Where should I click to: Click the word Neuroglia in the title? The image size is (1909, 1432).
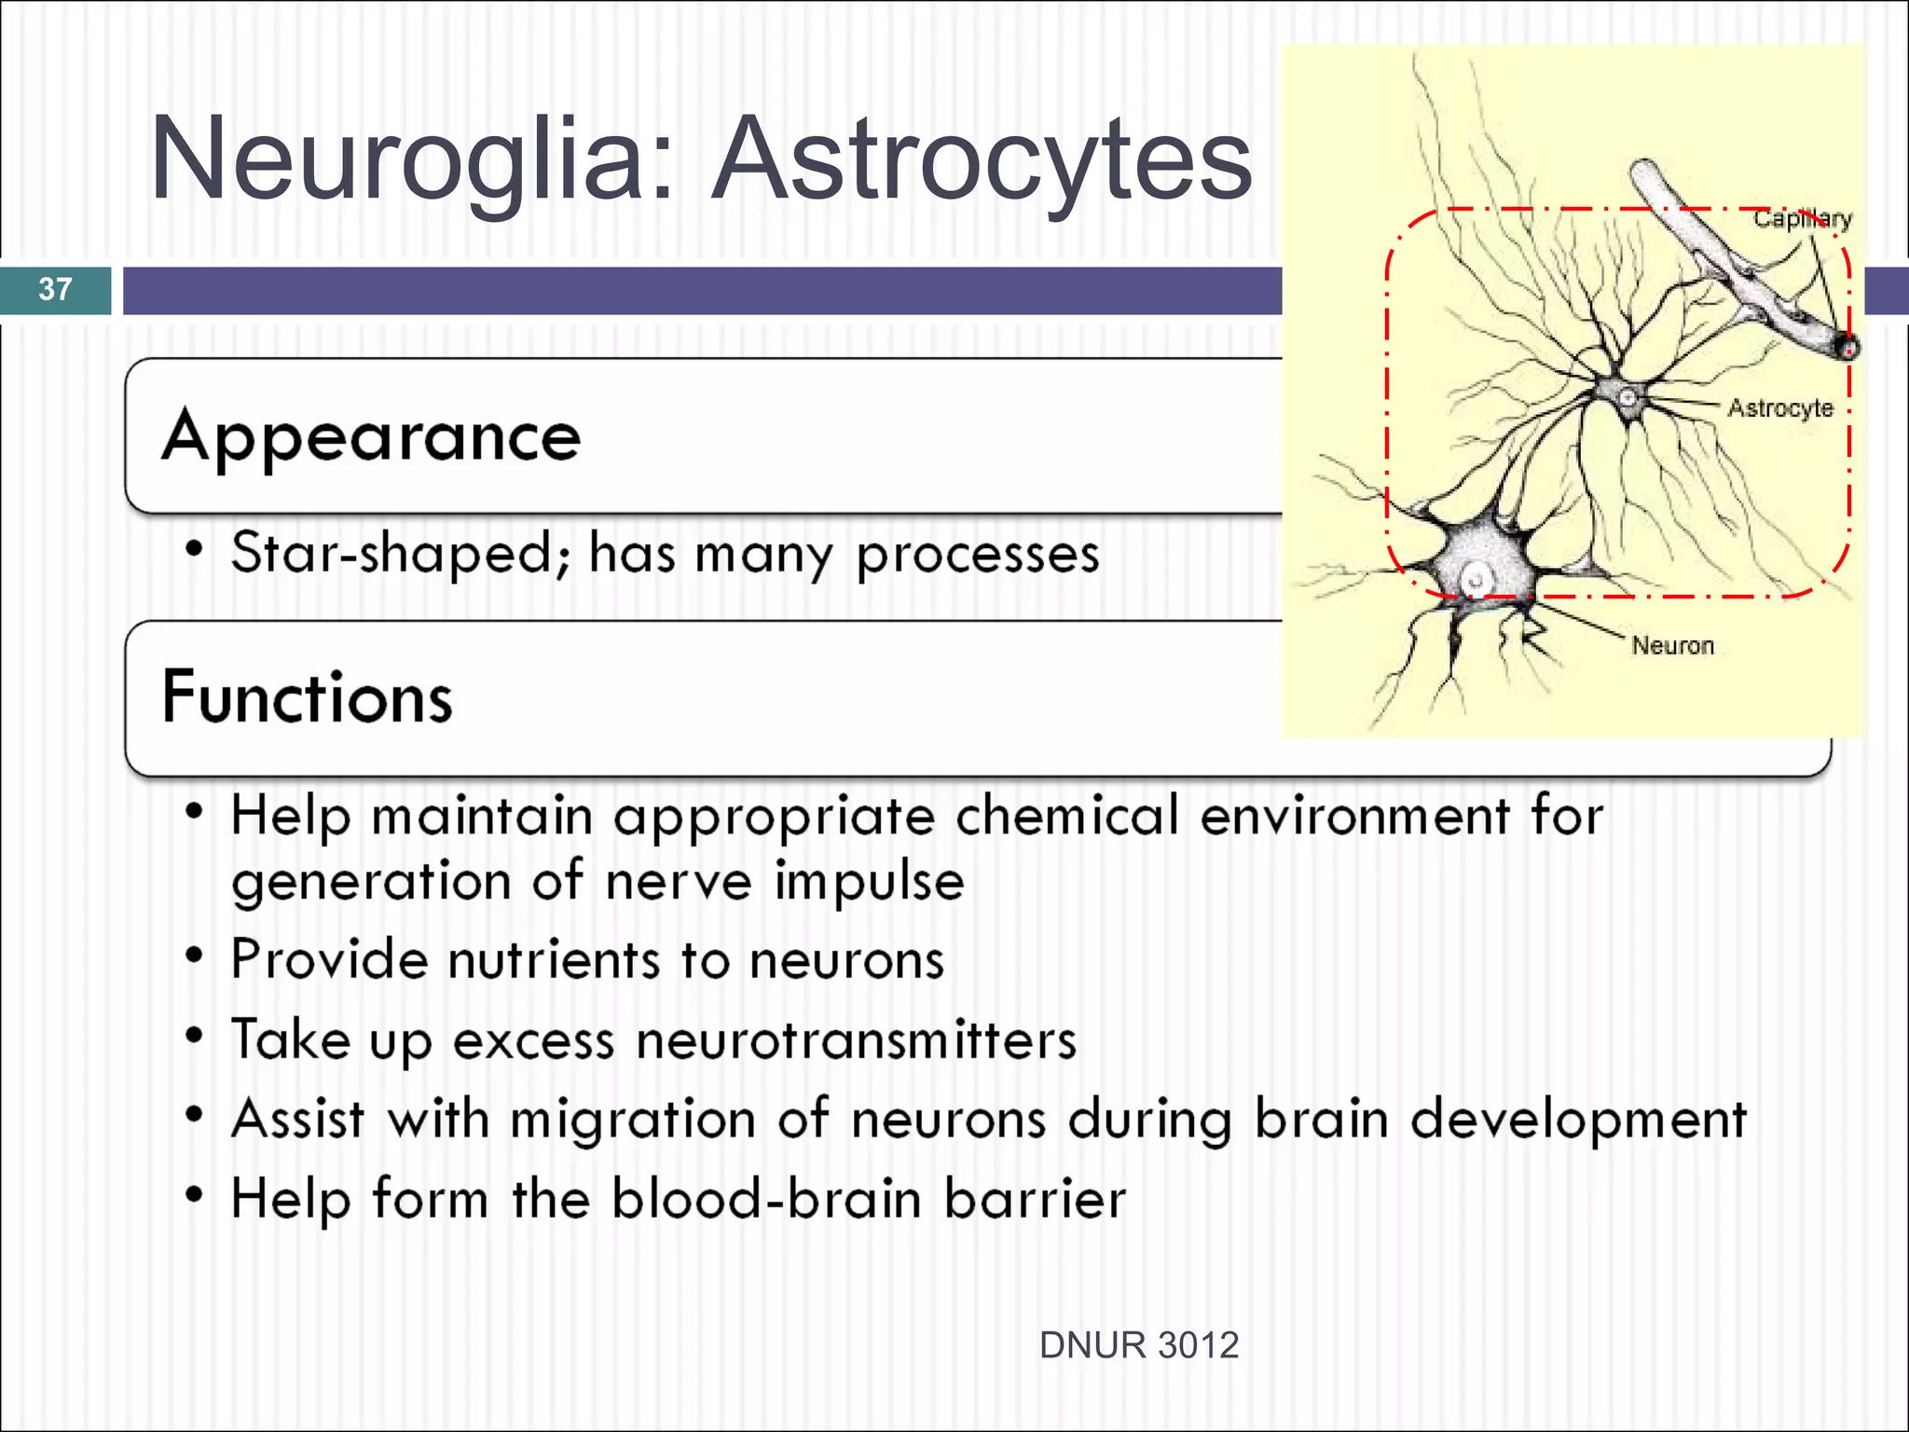[x=410, y=158]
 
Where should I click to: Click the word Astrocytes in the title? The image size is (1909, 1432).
[x=981, y=158]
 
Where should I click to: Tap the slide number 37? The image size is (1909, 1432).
[x=55, y=289]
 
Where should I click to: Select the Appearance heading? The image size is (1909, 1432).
[x=371, y=436]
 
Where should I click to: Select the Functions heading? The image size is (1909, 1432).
[x=307, y=696]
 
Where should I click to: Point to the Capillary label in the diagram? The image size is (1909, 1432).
[x=1802, y=219]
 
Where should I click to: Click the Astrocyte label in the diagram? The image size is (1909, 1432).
[x=1779, y=408]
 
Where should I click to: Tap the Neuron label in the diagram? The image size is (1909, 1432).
[x=1672, y=645]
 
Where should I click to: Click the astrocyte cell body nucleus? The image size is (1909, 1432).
[x=1627, y=398]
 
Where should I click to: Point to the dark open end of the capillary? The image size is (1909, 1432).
[x=1847, y=348]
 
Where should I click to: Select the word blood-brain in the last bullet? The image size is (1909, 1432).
[x=766, y=1199]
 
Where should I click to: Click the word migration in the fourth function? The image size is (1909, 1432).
[x=633, y=1119]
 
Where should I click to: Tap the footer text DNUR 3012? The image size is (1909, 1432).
[x=1138, y=1345]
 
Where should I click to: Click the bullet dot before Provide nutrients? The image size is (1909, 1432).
[x=194, y=957]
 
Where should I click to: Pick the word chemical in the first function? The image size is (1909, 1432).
[x=1067, y=816]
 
